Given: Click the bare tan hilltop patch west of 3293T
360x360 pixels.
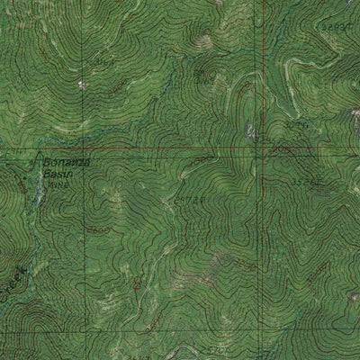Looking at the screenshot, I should [x=206, y=40].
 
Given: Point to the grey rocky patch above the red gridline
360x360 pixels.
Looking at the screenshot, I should [x=253, y=132].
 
